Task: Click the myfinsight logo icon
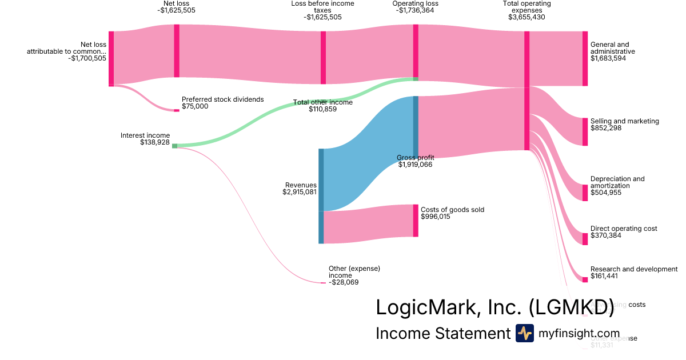point(524,333)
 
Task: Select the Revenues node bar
point(321,195)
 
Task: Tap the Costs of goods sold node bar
point(416,221)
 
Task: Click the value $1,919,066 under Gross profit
point(415,165)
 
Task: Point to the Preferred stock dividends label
point(222,99)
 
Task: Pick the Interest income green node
point(174,146)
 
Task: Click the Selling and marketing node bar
point(585,131)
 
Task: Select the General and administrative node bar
point(585,58)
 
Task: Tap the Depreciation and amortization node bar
point(585,193)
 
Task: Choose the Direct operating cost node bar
point(585,239)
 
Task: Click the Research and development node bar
point(585,279)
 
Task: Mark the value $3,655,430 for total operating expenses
point(527,17)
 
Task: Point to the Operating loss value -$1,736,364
point(416,10)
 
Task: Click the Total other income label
point(323,102)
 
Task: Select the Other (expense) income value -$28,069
point(344,282)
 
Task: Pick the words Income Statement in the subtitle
point(442,333)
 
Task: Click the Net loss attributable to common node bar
point(111,58)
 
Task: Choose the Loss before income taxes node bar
point(323,58)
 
